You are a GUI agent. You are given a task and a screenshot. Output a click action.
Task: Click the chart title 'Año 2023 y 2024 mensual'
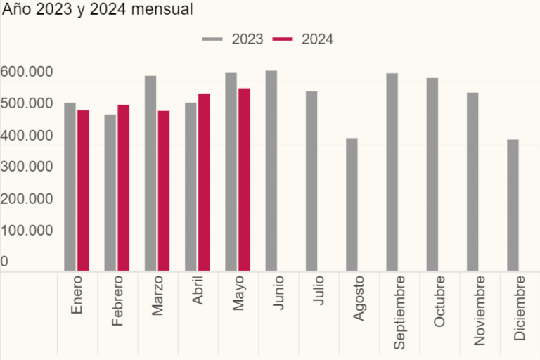(97, 11)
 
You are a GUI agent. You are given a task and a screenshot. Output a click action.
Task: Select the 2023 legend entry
(233, 39)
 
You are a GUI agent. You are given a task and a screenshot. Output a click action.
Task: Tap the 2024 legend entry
(303, 39)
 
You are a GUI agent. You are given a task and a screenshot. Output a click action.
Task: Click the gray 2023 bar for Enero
(70, 186)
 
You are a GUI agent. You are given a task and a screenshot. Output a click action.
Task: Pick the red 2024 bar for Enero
(83, 190)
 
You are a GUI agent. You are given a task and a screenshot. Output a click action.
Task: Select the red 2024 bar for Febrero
(123, 188)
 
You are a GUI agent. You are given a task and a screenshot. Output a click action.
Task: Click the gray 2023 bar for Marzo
(150, 173)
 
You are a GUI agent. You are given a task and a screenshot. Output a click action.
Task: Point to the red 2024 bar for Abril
(204, 182)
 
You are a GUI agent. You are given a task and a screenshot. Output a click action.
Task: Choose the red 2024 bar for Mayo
(244, 179)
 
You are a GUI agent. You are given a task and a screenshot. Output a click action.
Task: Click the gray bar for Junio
(271, 170)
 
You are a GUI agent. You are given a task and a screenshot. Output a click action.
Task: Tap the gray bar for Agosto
(352, 204)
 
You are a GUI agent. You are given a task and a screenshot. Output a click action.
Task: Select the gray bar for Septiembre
(392, 172)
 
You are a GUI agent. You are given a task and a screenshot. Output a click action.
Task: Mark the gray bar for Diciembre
(513, 205)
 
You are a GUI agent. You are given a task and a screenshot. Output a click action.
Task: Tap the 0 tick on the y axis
(5, 262)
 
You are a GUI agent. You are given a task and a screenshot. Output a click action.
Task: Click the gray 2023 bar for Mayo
(231, 172)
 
